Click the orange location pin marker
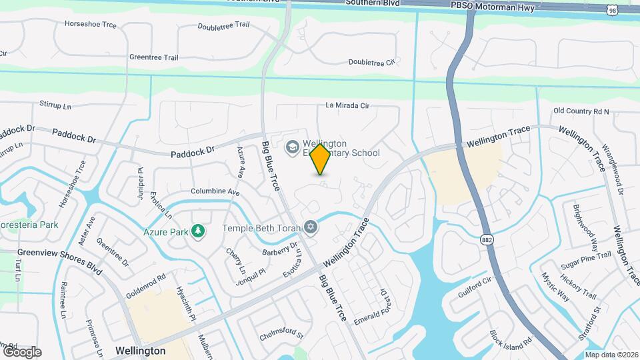click(320, 159)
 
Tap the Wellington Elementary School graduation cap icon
click(291, 147)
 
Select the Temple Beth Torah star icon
click(310, 228)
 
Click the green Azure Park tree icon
click(197, 231)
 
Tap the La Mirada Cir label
click(356, 105)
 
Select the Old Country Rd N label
click(581, 111)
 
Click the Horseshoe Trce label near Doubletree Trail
click(91, 24)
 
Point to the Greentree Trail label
click(153, 57)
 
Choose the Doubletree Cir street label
click(371, 62)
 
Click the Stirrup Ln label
click(55, 106)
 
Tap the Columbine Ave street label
click(215, 191)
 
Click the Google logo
click(23, 351)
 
